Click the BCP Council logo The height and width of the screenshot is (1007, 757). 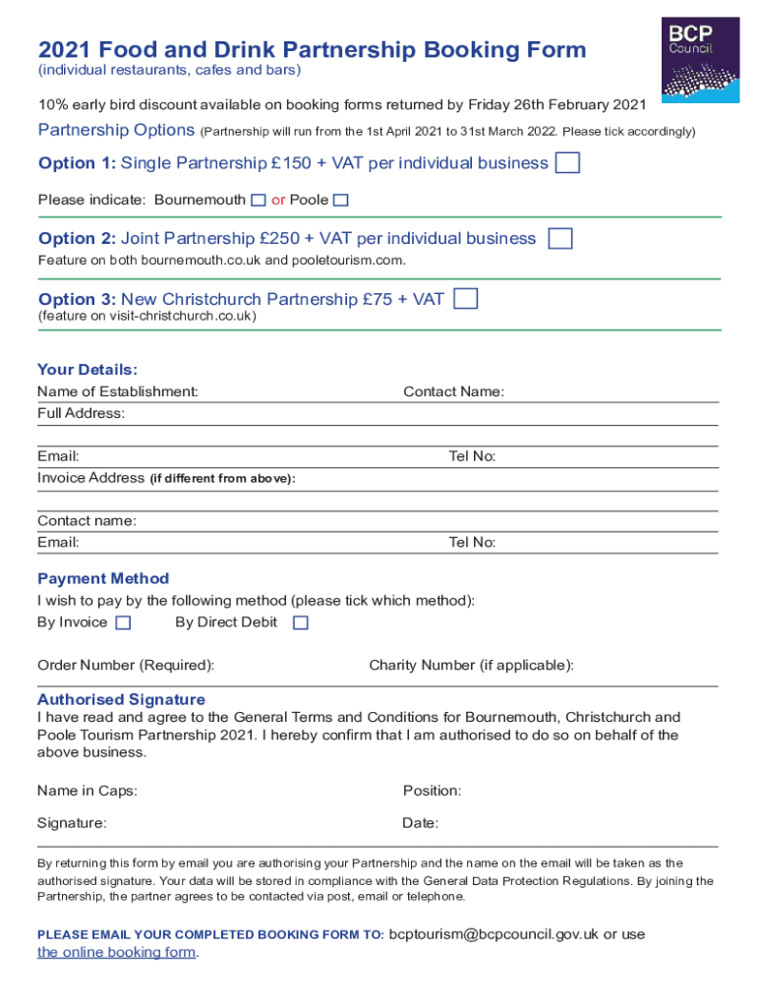tap(699, 61)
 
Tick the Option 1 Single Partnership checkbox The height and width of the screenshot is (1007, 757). tap(567, 163)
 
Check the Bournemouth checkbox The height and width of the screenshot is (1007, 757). tap(258, 201)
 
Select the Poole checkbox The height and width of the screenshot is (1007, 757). tap(340, 201)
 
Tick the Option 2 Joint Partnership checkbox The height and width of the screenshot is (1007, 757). tap(559, 239)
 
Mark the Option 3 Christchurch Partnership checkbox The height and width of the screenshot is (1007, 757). tap(466, 299)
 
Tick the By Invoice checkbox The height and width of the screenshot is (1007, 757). tap(123, 622)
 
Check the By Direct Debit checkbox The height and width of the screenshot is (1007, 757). tap(301, 622)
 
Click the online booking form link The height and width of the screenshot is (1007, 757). tap(117, 952)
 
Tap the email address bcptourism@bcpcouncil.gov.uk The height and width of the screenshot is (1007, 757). tap(494, 934)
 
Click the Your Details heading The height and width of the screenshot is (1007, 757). tap(87, 370)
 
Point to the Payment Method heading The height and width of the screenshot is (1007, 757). tap(103, 578)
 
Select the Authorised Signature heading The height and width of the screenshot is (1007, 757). tap(121, 699)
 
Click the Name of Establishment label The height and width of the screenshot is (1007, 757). tap(117, 391)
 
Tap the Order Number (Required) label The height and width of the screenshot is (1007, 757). tap(126, 665)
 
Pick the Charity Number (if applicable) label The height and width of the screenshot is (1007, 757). tap(471, 665)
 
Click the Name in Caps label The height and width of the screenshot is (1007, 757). tap(87, 791)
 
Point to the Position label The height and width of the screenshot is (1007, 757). tap(432, 791)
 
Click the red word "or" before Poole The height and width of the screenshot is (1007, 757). tap(278, 201)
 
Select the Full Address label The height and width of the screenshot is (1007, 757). tap(81, 413)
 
